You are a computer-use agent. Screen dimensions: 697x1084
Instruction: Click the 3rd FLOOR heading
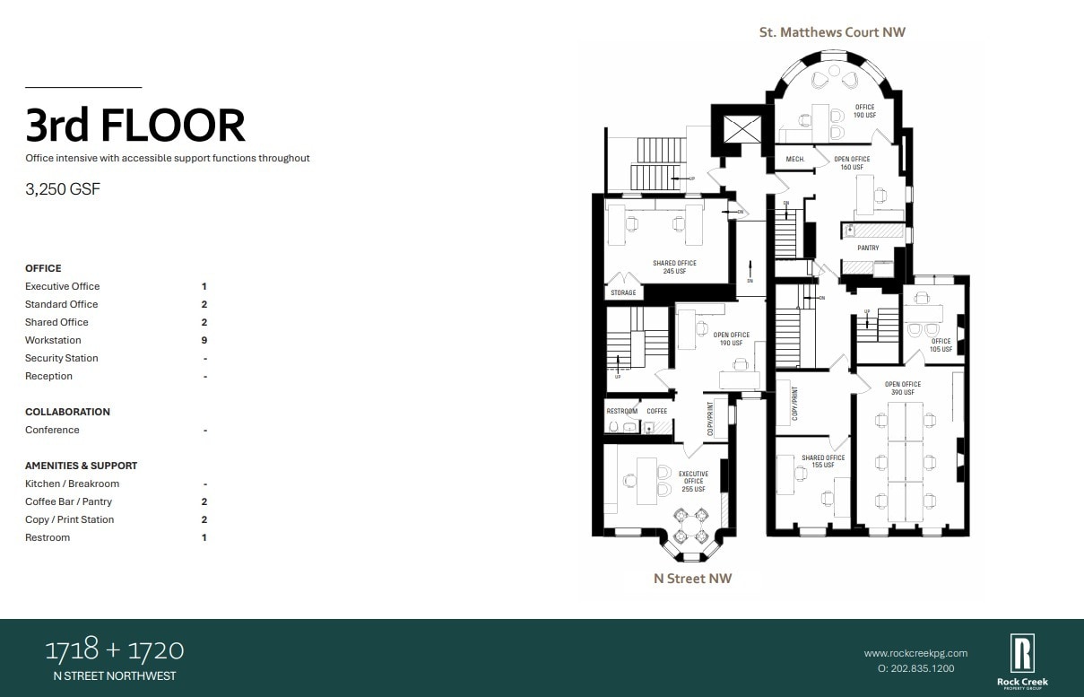point(135,126)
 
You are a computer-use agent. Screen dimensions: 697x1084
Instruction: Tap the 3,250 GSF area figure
point(60,189)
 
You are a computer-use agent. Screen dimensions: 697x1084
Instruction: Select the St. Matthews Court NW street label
point(832,32)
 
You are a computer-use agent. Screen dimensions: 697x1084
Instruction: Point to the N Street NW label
point(692,579)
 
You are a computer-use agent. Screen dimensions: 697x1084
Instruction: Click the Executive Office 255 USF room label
point(693,482)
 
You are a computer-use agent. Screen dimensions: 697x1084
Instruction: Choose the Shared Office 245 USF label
point(674,267)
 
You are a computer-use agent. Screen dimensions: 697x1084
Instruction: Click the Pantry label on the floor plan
point(868,248)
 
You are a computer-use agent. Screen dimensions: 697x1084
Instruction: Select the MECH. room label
point(795,160)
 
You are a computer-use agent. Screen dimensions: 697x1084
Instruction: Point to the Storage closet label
point(623,293)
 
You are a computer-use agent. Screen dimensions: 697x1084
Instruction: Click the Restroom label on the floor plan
point(621,412)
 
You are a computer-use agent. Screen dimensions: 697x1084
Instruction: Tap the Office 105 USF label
point(941,344)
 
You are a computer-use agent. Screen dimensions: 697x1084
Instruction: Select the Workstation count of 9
point(204,340)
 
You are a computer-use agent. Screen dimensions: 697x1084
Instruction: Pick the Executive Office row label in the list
point(63,286)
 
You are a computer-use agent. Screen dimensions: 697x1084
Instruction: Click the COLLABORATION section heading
point(67,412)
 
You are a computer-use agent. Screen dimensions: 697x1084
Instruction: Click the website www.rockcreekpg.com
point(915,653)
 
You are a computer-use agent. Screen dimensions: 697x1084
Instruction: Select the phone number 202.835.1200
point(915,668)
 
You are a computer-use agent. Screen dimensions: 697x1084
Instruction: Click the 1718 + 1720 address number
point(115,650)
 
